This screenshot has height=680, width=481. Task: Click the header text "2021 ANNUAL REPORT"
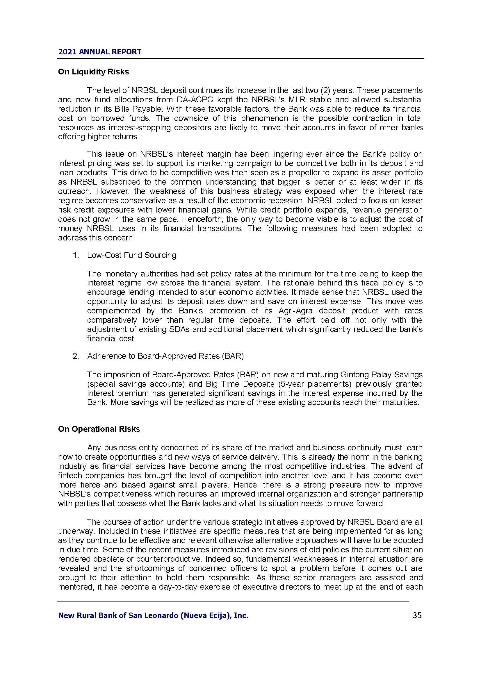(100, 52)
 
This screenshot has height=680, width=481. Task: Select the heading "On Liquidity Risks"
(93, 72)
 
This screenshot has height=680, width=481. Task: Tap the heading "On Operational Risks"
(99, 429)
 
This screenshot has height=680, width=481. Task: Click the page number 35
(417, 615)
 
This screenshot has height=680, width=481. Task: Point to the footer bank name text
(153, 616)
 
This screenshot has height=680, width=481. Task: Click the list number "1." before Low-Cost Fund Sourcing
(76, 255)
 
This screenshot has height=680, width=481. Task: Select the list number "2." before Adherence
(76, 356)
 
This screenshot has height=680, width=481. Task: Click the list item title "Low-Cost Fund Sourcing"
(131, 255)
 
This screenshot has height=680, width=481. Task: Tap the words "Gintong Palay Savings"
(382, 375)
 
